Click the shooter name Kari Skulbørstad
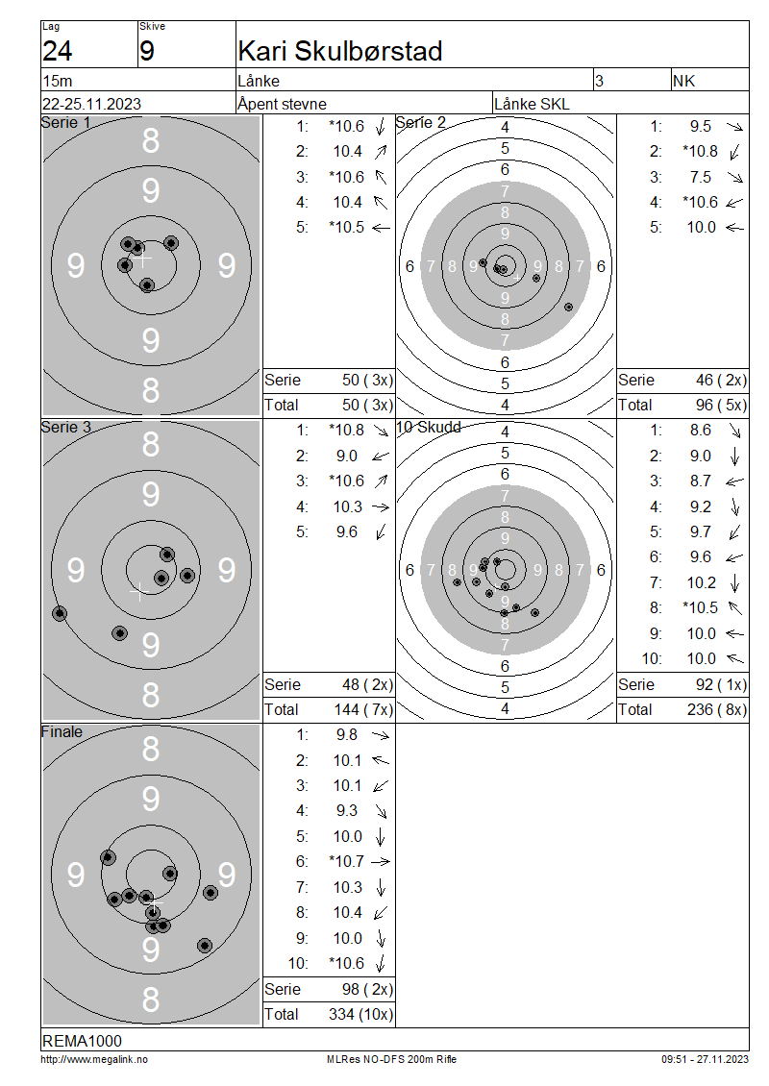(339, 51)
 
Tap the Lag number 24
(57, 51)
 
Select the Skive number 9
(147, 51)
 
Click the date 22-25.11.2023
(91, 104)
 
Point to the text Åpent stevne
(282, 104)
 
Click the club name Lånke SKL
(532, 104)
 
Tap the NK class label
(683, 81)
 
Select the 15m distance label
(58, 81)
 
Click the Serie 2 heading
(420, 123)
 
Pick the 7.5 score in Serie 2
(701, 177)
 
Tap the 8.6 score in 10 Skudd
(701, 431)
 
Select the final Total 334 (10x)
(360, 1015)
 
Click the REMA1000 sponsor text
(82, 1041)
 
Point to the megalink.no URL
(94, 1060)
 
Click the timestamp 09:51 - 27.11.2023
(705, 1060)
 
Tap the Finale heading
(62, 732)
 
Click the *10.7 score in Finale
(346, 862)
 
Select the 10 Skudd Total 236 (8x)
(717, 710)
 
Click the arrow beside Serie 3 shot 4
(381, 507)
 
